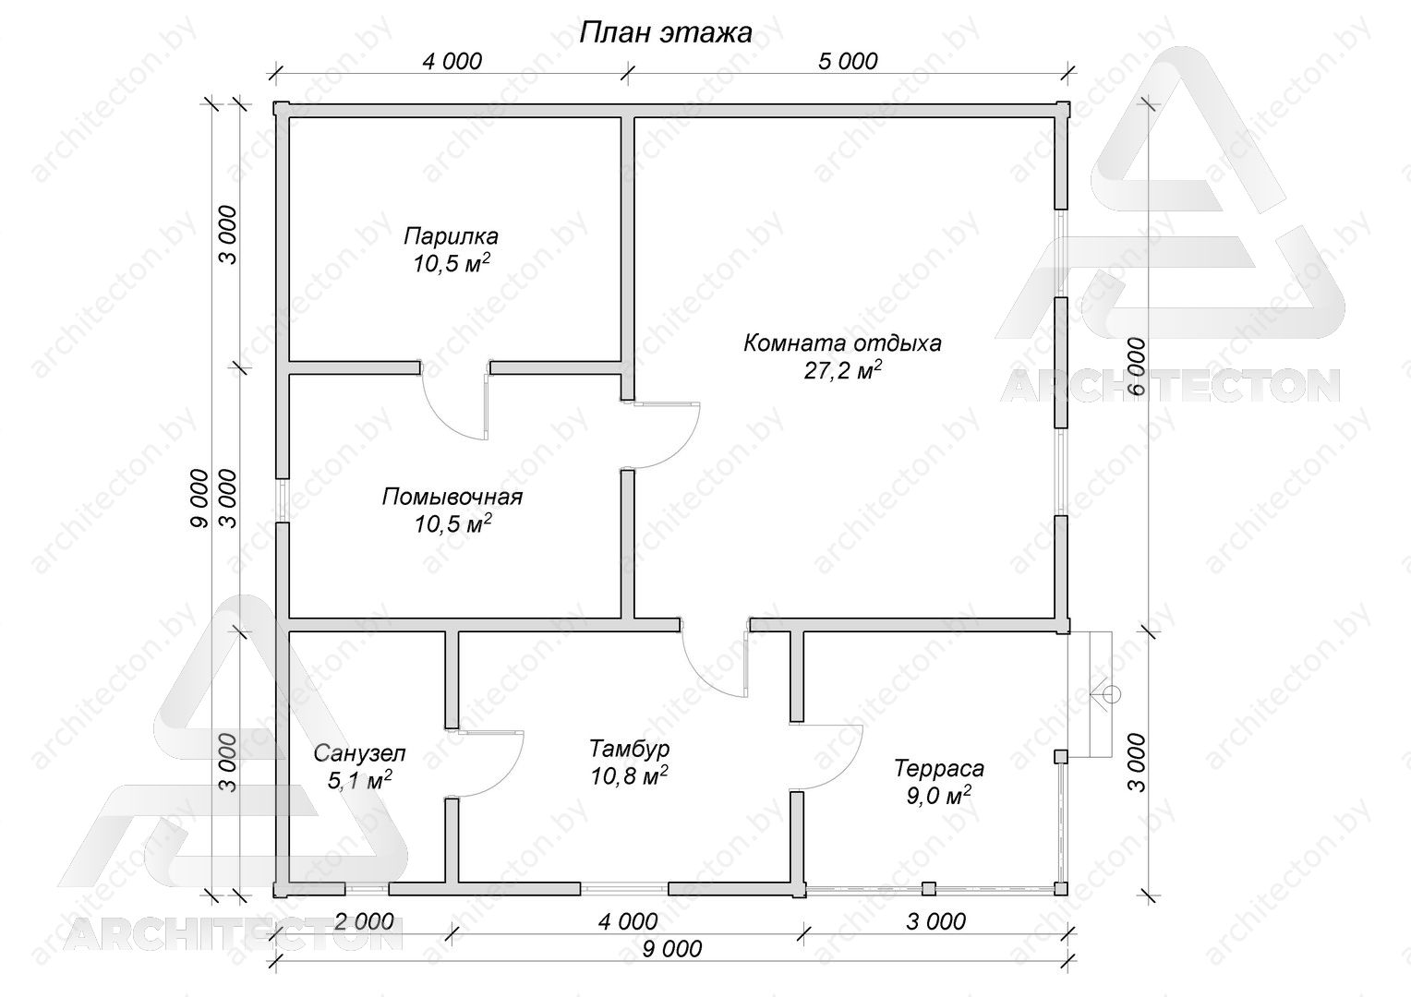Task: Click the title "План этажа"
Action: tap(665, 32)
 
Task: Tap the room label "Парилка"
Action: tap(451, 237)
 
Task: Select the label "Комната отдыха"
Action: tap(842, 344)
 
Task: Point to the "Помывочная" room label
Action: tap(452, 497)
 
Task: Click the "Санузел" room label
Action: tap(360, 752)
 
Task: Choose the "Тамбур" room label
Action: tap(629, 749)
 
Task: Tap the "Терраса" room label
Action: tap(938, 769)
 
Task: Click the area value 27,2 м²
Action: tap(842, 370)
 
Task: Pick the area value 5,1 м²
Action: tap(360, 780)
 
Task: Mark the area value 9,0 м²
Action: tap(938, 796)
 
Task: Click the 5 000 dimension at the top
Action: tap(847, 61)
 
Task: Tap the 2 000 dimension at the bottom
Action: tap(364, 922)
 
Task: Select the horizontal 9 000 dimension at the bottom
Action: tap(672, 949)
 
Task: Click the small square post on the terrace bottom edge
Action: tap(928, 889)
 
